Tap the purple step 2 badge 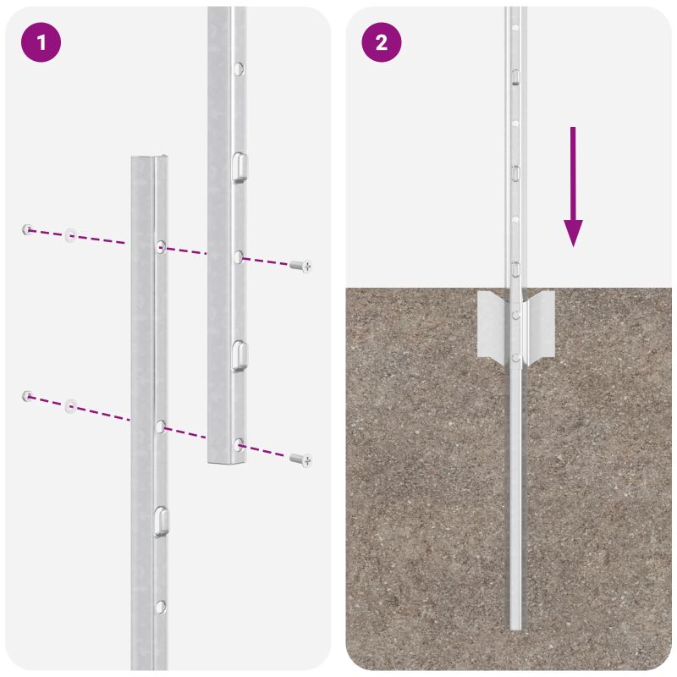(x=382, y=43)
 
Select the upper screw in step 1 (x=300, y=266)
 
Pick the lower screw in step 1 (x=300, y=459)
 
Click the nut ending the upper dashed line (x=28, y=228)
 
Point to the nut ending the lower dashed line (x=28, y=395)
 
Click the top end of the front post (x=148, y=160)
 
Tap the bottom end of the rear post (x=226, y=460)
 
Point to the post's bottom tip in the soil (x=515, y=626)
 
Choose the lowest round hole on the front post (x=160, y=605)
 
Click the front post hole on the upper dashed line (x=160, y=247)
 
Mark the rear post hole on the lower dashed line (x=239, y=443)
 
